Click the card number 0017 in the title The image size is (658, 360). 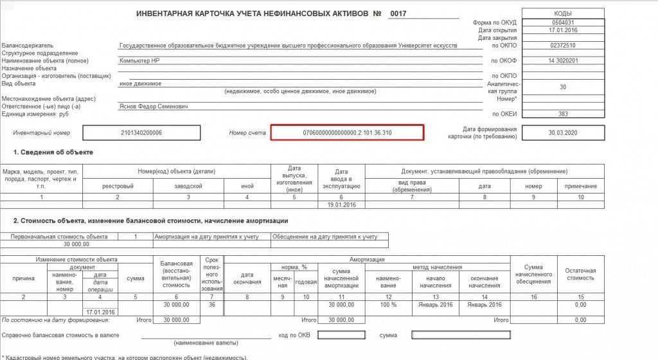(x=398, y=13)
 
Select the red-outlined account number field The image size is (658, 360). (x=347, y=132)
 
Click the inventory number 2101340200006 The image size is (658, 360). (x=141, y=132)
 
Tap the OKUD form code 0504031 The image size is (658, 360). (x=563, y=22)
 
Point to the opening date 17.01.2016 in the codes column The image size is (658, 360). (x=563, y=30)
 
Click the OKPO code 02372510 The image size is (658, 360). (x=563, y=46)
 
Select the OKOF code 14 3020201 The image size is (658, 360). (x=563, y=60)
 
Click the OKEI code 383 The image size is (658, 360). (x=563, y=114)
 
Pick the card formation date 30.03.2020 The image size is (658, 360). (x=563, y=133)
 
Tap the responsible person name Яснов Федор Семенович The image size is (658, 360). (x=154, y=107)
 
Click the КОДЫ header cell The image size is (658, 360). (x=563, y=12)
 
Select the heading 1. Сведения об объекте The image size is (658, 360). (x=53, y=152)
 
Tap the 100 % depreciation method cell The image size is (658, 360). (x=384, y=305)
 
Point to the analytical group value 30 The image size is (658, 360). (x=563, y=87)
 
